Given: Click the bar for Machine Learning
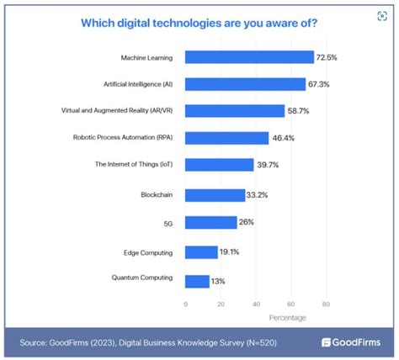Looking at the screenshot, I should (249, 57).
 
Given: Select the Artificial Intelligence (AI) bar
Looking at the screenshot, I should (245, 84).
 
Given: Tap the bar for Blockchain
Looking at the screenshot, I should (215, 194).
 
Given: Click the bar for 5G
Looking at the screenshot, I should (210, 222).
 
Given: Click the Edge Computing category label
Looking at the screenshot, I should (148, 251).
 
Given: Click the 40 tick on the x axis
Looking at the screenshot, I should (255, 304).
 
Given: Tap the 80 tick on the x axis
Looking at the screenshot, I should (325, 304).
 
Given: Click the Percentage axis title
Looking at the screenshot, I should (288, 317).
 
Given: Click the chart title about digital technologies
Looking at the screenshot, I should (199, 23).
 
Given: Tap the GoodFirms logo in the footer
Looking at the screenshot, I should (351, 342).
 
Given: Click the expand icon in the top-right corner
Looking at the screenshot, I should (383, 16).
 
